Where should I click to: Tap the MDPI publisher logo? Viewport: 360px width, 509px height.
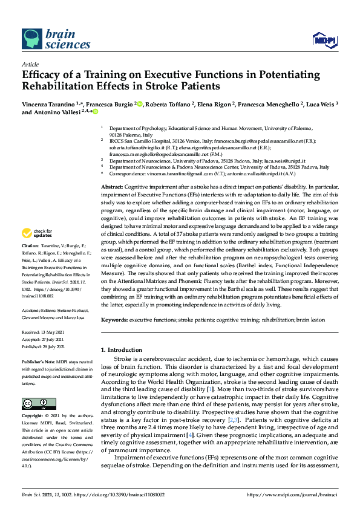324,40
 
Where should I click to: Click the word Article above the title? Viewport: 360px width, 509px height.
30,65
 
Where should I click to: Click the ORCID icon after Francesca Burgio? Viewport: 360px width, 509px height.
140,104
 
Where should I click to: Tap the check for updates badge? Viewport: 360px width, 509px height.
36,249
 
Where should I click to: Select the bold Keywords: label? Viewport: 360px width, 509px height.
114,319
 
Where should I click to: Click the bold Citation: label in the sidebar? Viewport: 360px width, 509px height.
30,263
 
